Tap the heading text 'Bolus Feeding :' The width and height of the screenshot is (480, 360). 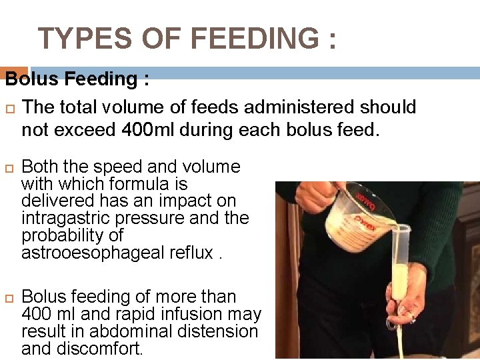pos(77,79)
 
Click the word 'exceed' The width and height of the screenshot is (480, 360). pos(87,129)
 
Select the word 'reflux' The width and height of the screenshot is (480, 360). pos(194,253)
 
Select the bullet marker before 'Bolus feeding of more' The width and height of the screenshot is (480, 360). pos(10,297)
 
